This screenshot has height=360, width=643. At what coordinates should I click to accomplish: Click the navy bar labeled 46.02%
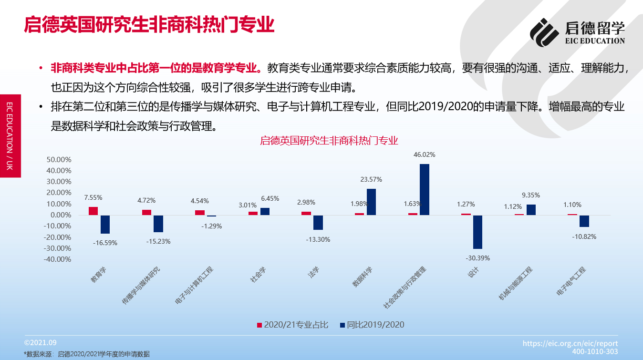tap(425, 189)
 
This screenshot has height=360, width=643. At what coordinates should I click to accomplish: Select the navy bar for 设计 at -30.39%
tap(477, 232)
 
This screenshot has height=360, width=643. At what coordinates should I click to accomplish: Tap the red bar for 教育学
tap(93, 211)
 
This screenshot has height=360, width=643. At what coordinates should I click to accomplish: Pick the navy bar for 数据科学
tap(371, 202)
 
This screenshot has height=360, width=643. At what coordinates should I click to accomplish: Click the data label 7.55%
tap(93, 197)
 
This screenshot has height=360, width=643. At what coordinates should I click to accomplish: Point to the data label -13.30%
tap(318, 239)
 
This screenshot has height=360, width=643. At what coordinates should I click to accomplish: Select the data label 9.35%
tap(531, 195)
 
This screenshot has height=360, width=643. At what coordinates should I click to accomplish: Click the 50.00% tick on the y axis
tap(59, 160)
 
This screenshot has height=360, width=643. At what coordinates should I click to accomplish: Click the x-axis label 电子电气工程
tap(571, 282)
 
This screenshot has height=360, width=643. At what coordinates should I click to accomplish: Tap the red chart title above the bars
tap(329, 141)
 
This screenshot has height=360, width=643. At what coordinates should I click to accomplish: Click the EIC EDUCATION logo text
tap(595, 41)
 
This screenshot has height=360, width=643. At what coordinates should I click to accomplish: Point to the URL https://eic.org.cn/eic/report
tap(570, 343)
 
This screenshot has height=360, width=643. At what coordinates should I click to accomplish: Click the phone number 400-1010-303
tap(595, 351)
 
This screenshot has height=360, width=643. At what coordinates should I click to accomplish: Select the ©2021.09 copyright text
tap(41, 343)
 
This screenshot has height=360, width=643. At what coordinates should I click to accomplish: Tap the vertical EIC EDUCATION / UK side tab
tap(10, 135)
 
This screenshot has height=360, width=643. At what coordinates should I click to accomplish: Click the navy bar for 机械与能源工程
tap(531, 210)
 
